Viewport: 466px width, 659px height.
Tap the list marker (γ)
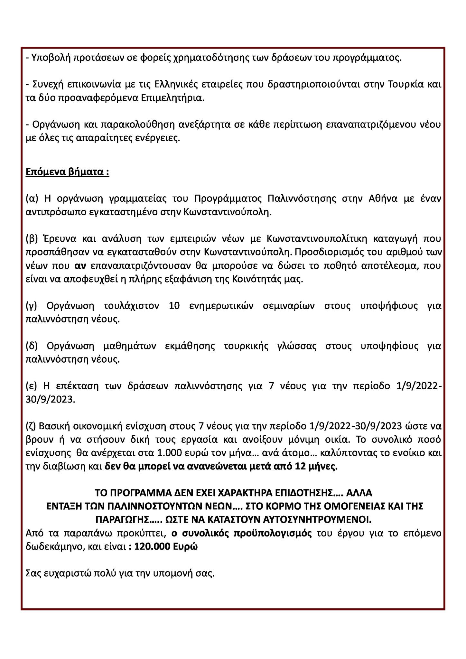(32, 306)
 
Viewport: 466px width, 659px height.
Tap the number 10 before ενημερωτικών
(174, 306)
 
